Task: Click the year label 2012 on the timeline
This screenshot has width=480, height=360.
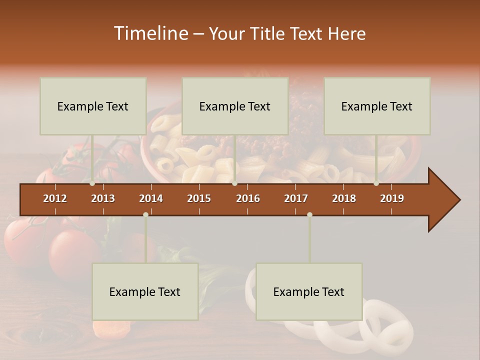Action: [55, 198]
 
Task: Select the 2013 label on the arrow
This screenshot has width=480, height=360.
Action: [103, 198]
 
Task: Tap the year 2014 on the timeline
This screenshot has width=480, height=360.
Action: [151, 198]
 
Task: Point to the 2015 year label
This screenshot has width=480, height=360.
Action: [199, 198]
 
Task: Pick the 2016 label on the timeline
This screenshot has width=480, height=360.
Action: [248, 198]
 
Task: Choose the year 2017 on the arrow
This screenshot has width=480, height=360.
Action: [296, 198]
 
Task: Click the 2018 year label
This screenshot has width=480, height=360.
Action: [344, 198]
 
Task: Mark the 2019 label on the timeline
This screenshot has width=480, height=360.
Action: [392, 198]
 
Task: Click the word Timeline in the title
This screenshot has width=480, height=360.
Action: [150, 33]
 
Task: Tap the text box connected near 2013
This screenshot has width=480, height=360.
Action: [93, 106]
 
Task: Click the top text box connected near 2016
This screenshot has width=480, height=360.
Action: [235, 106]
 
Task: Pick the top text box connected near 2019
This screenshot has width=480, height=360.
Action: [377, 106]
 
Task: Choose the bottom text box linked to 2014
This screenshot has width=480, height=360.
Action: [145, 291]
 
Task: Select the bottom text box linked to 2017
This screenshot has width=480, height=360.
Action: [309, 291]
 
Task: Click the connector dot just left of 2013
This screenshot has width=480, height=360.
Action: [92, 183]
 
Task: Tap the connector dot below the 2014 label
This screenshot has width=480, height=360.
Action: [145, 214]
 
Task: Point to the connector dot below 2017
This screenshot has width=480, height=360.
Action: [309, 214]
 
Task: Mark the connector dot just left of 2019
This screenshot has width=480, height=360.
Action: [376, 183]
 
